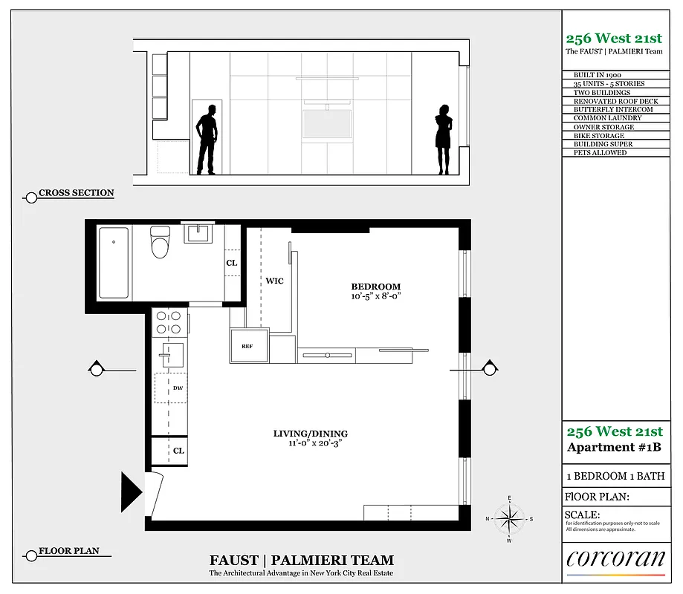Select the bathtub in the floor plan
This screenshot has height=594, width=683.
113,262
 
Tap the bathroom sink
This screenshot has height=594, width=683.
198,234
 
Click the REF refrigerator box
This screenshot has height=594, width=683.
248,346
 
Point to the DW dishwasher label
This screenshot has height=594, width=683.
178,388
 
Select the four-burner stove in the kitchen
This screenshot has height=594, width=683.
168,322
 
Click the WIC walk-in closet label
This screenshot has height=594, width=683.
274,281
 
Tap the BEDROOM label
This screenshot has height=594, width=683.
375,287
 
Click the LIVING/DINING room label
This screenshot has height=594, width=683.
310,434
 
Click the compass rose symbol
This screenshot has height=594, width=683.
509,518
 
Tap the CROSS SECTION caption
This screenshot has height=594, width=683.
76,193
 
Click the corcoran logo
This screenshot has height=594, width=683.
615,559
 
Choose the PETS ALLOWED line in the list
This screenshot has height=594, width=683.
600,152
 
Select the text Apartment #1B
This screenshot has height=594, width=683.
614,447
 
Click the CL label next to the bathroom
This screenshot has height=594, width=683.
232,263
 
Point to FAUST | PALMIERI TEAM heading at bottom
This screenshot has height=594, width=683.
301,561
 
